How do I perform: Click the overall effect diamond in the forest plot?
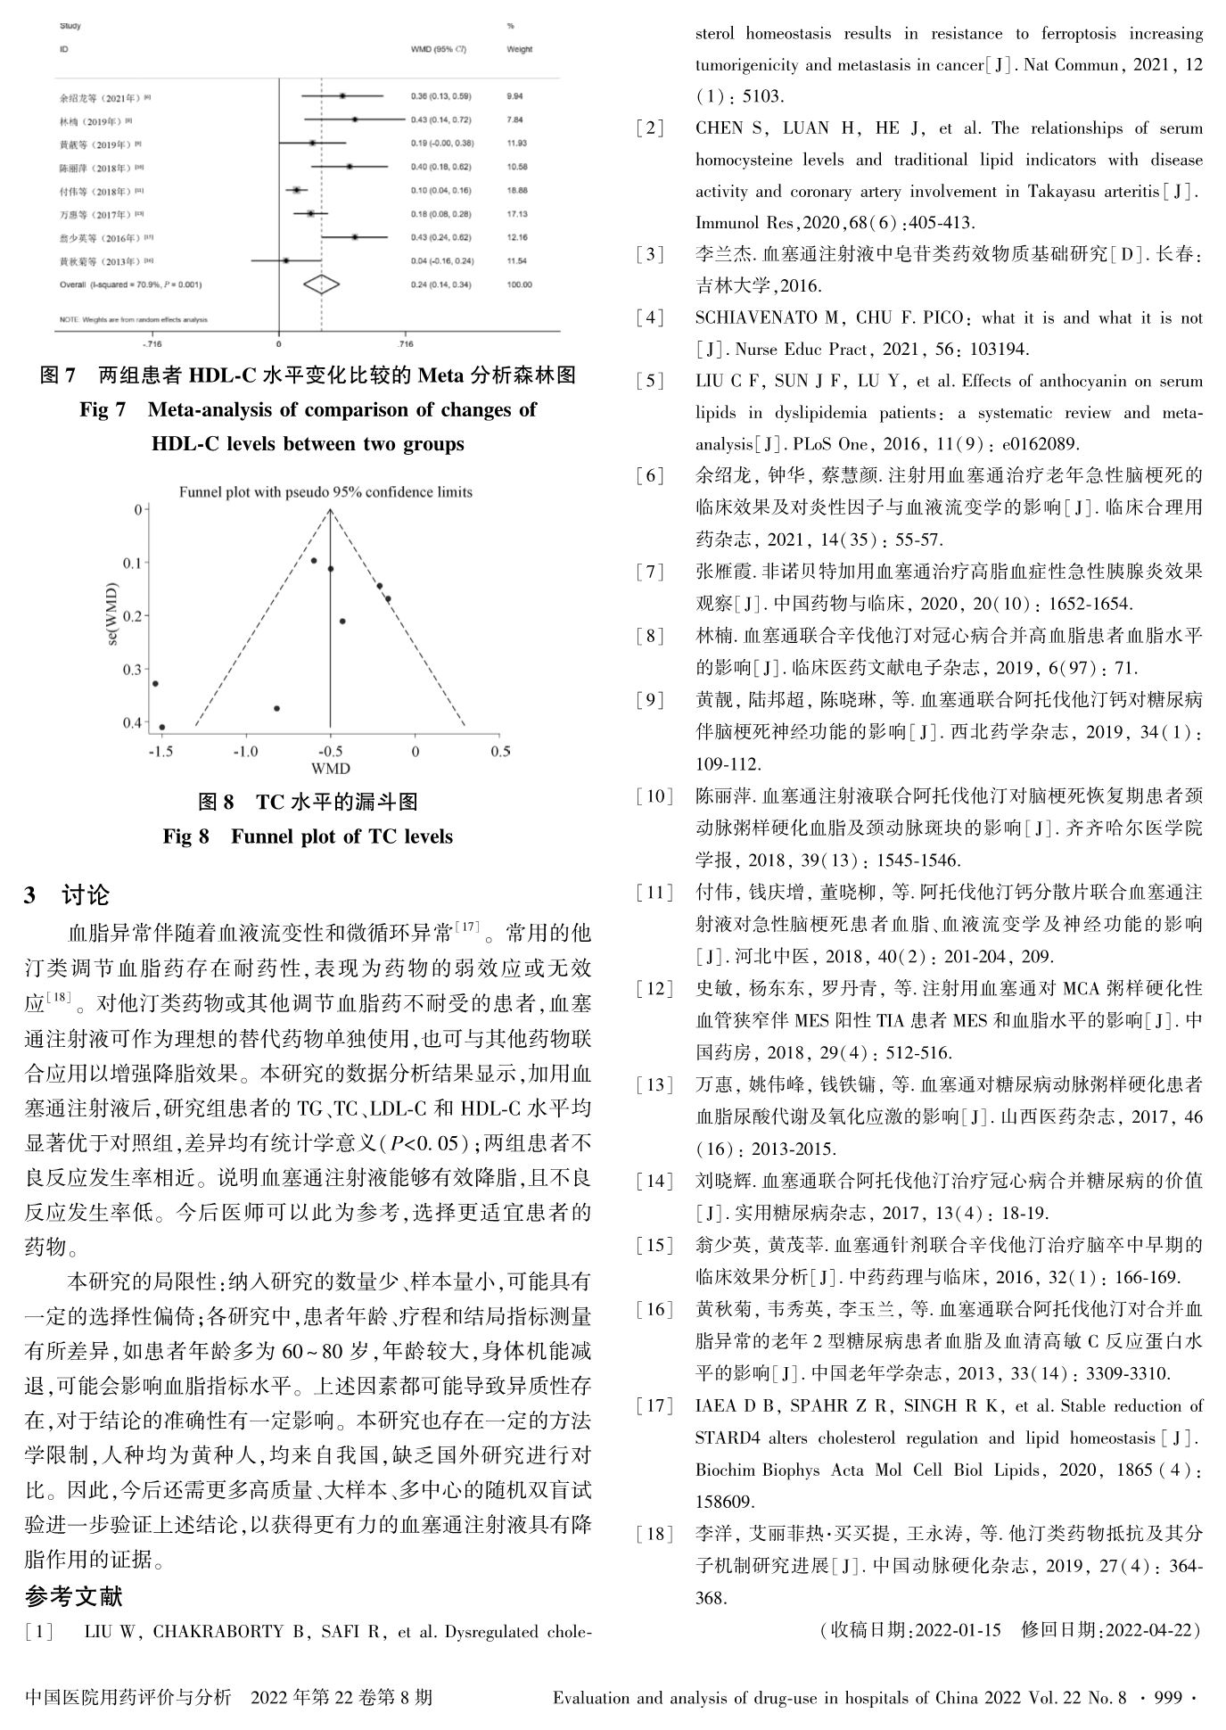322,284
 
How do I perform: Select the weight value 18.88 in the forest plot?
517,190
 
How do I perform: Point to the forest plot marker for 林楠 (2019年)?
355,119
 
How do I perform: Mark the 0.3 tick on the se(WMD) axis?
132,669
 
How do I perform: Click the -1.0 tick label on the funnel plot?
244,752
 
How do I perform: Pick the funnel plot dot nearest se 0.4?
161,727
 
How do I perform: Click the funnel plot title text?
325,492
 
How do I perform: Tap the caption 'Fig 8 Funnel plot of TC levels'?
308,836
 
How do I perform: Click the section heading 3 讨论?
67,894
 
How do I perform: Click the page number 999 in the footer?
1169,1697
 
